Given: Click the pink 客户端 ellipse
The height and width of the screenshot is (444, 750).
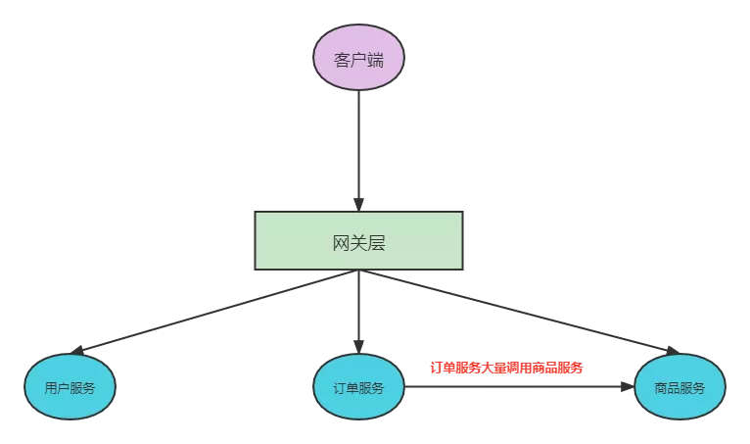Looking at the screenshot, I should (358, 57).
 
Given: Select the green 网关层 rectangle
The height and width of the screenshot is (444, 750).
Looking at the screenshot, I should (358, 240).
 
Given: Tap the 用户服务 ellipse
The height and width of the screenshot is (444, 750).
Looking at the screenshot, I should (70, 386).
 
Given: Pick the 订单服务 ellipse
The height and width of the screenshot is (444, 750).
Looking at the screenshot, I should (358, 386).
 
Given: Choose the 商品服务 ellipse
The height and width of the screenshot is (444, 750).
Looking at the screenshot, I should (680, 386).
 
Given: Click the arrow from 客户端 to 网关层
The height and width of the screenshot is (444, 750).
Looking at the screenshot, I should (358, 147).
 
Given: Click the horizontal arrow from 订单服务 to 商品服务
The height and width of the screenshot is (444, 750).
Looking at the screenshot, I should (519, 386).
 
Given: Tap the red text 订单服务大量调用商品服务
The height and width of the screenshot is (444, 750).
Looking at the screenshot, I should (506, 368).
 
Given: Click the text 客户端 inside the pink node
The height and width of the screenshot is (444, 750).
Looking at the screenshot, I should (358, 59).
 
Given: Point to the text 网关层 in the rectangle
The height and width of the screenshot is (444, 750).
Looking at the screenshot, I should (358, 243).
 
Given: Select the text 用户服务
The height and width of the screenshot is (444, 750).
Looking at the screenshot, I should (70, 387).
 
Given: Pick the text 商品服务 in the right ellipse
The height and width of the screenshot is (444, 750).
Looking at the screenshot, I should (680, 387).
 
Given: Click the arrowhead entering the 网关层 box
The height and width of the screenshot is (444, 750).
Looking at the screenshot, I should (358, 205).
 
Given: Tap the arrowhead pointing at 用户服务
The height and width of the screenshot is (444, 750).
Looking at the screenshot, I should (78, 350).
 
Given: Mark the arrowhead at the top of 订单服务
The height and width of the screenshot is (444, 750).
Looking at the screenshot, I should (358, 347).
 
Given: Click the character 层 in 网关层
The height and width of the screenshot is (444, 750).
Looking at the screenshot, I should (376, 243).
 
